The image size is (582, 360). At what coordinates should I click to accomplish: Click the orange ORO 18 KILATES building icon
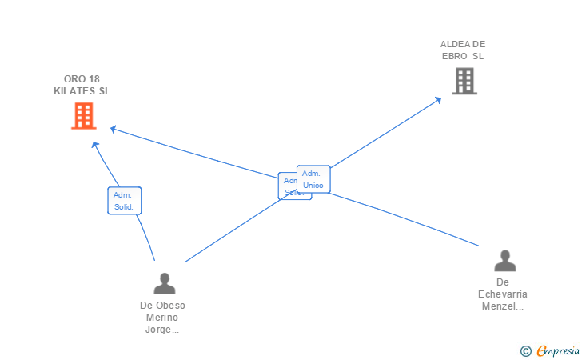point(83,116)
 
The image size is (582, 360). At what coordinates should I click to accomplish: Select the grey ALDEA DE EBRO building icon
point(464,81)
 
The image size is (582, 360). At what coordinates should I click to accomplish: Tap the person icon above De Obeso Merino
point(165,284)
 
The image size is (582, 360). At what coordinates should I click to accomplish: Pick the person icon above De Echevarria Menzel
point(504,261)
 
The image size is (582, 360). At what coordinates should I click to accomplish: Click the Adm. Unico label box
point(313,179)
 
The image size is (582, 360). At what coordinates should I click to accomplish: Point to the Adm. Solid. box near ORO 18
point(124,201)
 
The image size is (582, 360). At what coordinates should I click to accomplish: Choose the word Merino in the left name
point(162,318)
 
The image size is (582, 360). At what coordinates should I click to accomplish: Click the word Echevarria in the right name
point(503,294)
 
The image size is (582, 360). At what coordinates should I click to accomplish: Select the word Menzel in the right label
point(500,306)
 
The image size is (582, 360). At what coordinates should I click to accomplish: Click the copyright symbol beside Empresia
point(526,350)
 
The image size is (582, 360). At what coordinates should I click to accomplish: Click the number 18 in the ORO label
point(94,79)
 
